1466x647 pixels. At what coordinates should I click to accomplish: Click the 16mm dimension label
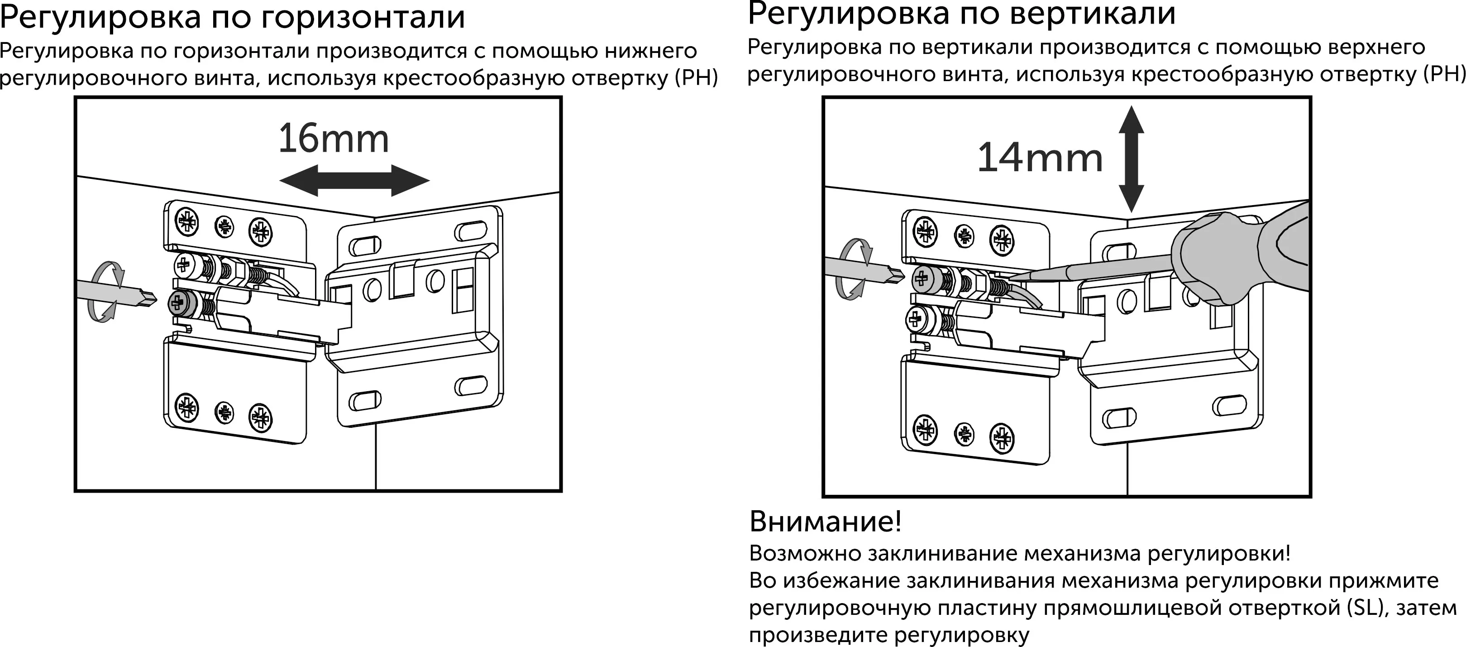(334, 139)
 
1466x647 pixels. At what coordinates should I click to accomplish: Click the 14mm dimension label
(1040, 158)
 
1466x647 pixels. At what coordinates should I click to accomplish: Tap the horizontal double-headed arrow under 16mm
(354, 181)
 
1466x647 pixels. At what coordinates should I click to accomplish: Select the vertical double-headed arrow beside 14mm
(1131, 159)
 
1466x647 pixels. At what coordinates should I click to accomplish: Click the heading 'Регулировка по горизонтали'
(232, 17)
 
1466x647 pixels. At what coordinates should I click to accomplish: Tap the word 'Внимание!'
(825, 521)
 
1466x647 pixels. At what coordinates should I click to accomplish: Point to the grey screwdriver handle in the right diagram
(1241, 256)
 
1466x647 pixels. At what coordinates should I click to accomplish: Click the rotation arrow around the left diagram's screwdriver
(108, 291)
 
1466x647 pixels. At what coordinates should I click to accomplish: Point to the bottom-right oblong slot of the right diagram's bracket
(1229, 405)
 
